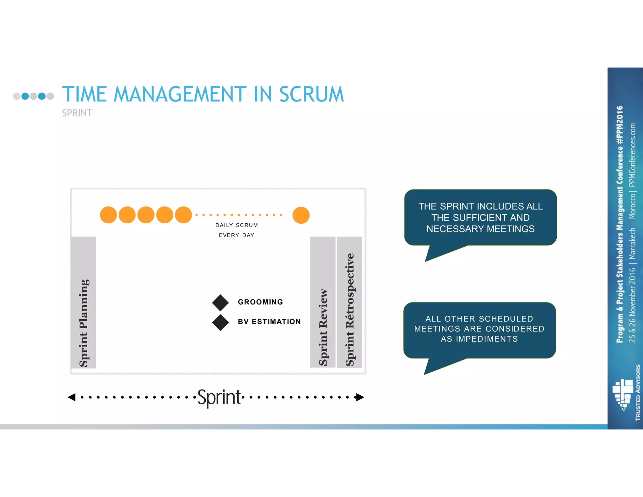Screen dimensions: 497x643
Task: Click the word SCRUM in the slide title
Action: tap(311, 94)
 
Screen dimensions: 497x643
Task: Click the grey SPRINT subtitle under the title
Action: tap(77, 113)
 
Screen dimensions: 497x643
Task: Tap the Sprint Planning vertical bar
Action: tap(84, 302)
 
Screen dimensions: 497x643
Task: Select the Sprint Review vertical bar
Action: tap(323, 302)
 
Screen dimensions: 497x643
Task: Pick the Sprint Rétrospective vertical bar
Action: tap(349, 302)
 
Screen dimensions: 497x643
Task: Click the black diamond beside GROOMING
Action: tap(220, 303)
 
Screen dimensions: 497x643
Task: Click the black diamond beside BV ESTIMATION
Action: tap(220, 323)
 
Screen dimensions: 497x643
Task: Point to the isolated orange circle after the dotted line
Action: tap(301, 215)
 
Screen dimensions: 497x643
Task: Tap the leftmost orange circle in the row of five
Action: tap(108, 215)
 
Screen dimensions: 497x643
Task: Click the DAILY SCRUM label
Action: tap(236, 225)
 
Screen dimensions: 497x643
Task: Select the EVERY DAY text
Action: tap(236, 235)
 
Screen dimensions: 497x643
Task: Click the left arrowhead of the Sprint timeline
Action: tap(72, 397)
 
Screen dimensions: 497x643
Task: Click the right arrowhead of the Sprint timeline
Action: tap(360, 397)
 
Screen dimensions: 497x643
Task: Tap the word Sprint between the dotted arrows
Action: tap(219, 397)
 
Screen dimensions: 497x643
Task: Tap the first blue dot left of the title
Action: tap(25, 96)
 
